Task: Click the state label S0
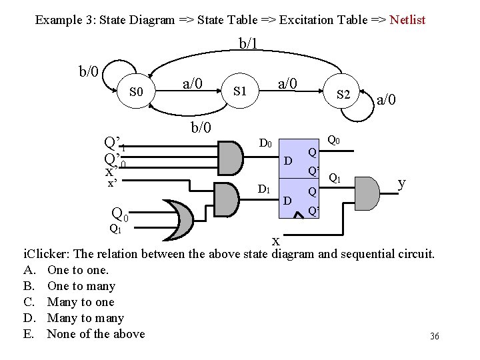pos(136,91)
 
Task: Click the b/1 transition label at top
pos(248,44)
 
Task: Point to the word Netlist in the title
pos(407,19)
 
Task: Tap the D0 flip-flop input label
pos(265,143)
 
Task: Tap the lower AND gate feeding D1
pos(228,196)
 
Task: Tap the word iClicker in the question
pos(46,254)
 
